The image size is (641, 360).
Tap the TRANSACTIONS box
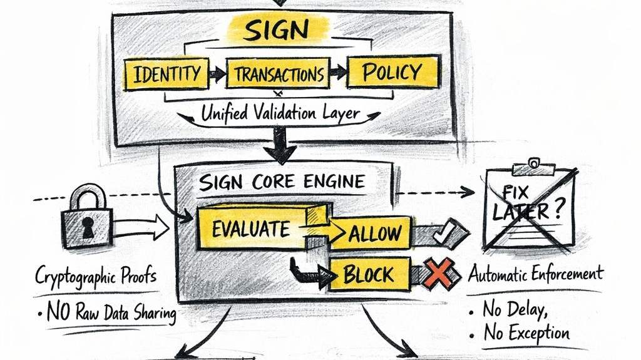pos(279,75)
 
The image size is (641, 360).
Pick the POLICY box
pos(392,72)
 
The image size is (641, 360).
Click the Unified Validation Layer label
pos(280,113)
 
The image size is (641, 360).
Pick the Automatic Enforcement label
pos(536,274)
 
